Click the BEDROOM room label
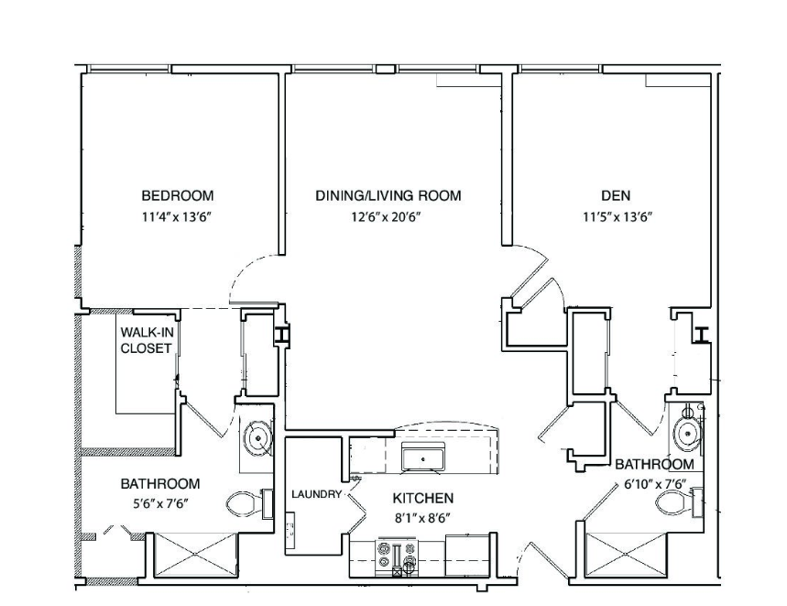tap(177, 194)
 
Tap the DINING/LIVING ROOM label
tap(388, 194)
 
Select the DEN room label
tap(616, 194)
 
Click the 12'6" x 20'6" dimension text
tap(386, 217)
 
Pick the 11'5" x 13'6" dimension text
tap(618, 217)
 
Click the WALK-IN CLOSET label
tap(146, 340)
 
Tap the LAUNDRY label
tap(316, 494)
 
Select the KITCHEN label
tap(422, 498)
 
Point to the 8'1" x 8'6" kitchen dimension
tap(421, 518)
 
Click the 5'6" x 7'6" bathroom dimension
tap(160, 503)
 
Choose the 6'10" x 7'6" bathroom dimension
tap(655, 484)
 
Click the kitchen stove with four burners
tap(398, 556)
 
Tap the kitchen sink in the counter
tap(423, 458)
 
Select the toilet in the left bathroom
tap(249, 504)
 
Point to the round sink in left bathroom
tap(258, 438)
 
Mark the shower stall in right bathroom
tap(627, 555)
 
